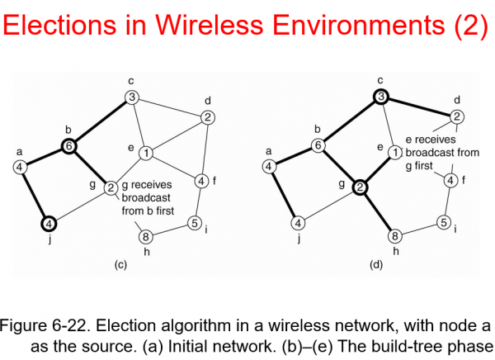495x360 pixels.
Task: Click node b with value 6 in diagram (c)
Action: (68, 146)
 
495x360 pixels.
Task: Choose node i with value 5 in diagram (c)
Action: (195, 221)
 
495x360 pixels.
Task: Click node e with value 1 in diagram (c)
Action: (145, 154)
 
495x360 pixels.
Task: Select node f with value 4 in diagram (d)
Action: (450, 180)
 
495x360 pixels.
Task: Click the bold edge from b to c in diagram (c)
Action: (100, 122)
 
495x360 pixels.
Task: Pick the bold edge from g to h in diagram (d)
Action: (380, 212)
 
